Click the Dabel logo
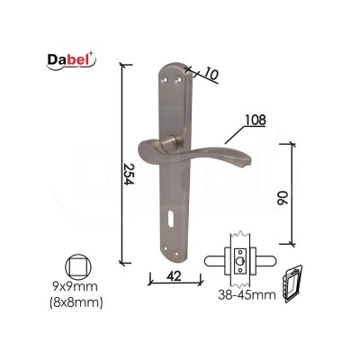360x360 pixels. pyautogui.click(x=71, y=60)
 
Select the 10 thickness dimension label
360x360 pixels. pyautogui.click(x=211, y=74)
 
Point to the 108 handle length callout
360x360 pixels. pyautogui.click(x=256, y=120)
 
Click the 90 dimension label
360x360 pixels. pyautogui.click(x=283, y=198)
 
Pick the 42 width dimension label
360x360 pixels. pyautogui.click(x=175, y=276)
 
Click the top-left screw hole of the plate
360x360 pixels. pyautogui.click(x=164, y=80)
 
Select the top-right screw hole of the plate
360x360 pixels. pyautogui.click(x=178, y=80)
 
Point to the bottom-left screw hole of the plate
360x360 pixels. pyautogui.click(x=165, y=248)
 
